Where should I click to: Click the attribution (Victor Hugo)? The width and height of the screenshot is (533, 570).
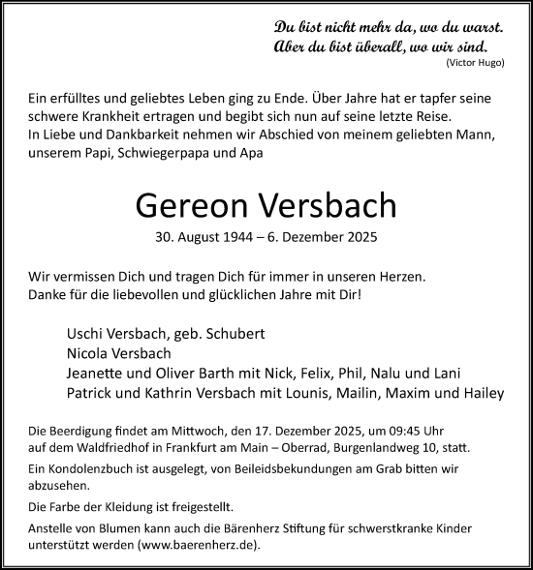tap(476, 62)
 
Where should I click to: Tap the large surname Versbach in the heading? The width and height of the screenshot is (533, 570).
tap(327, 205)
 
